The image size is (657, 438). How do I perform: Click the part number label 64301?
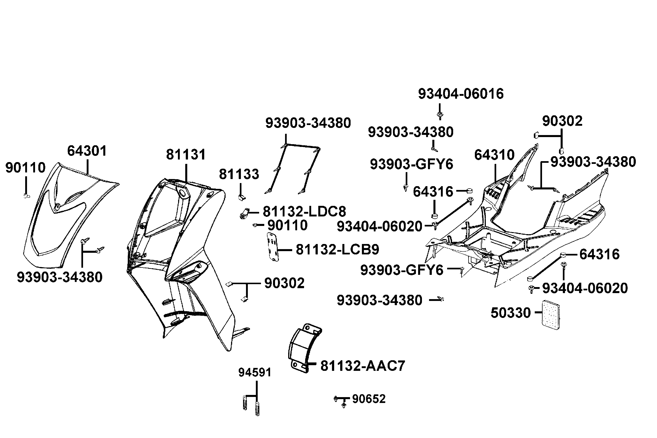tap(87, 151)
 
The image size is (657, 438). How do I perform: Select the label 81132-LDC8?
tap(304, 212)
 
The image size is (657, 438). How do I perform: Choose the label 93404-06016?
tap(461, 94)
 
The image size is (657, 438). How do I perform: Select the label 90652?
tap(369, 399)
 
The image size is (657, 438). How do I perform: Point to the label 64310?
tap(494, 155)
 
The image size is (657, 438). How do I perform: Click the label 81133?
tap(239, 174)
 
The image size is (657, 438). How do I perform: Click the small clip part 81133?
tap(241, 197)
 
